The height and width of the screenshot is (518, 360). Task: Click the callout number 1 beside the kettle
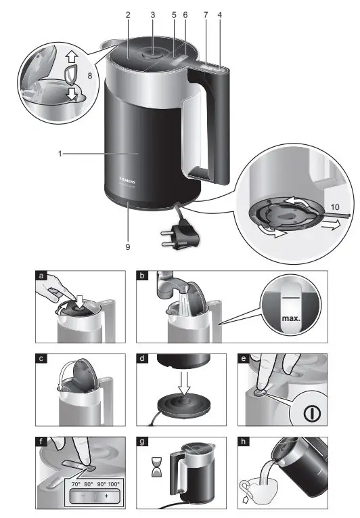pyautogui.click(x=60, y=154)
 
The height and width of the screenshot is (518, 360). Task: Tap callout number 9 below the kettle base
pyautogui.click(x=127, y=246)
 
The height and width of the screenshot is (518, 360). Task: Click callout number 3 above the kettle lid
pyautogui.click(x=152, y=14)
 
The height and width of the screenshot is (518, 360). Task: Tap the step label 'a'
pyautogui.click(x=41, y=276)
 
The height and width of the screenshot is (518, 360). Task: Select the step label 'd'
pyautogui.click(x=142, y=358)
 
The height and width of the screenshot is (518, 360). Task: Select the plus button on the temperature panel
pyautogui.click(x=106, y=496)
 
